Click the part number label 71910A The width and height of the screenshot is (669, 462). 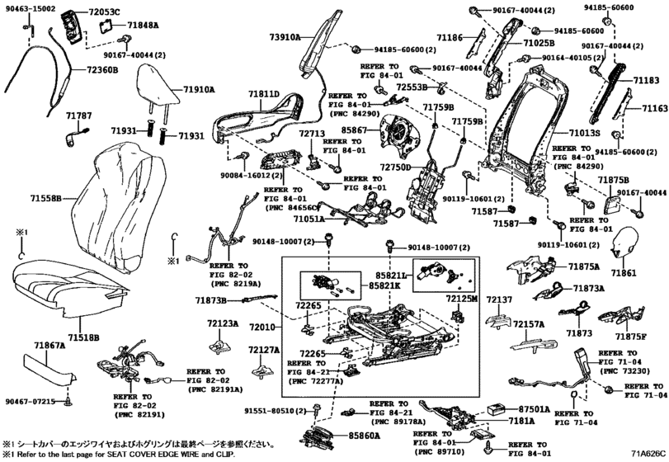[x=199, y=88]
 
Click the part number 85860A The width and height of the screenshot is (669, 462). [x=364, y=435]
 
